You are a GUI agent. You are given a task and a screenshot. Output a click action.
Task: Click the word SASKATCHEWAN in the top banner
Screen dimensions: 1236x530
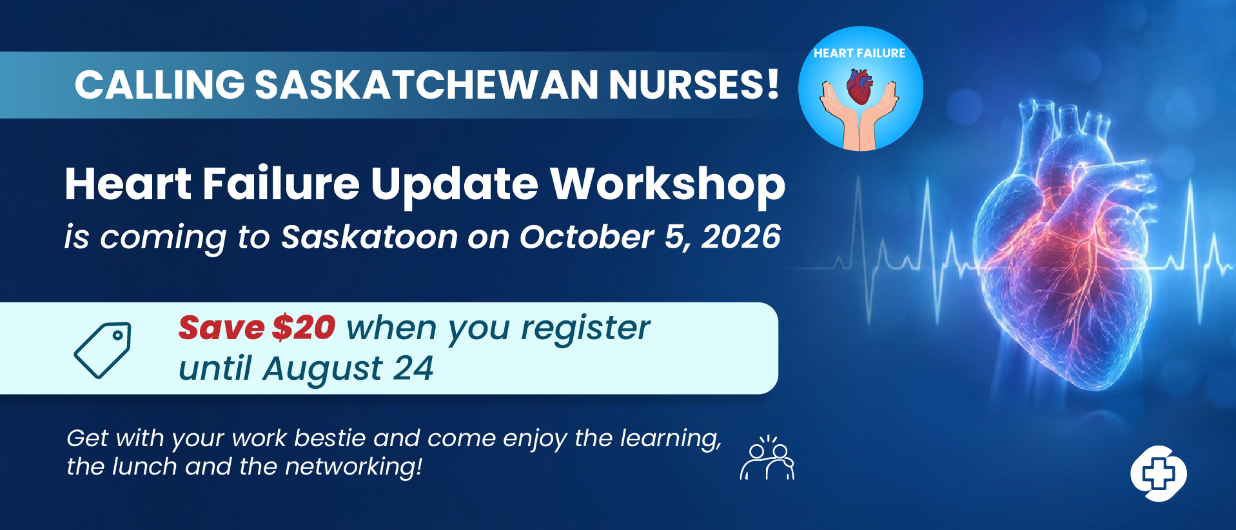(x=427, y=84)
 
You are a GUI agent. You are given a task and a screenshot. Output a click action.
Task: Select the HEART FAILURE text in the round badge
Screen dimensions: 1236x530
(x=859, y=54)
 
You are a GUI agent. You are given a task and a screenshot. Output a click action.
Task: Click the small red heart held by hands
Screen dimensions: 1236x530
(x=859, y=87)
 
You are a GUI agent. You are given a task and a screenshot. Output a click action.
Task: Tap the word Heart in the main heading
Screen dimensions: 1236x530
(x=128, y=184)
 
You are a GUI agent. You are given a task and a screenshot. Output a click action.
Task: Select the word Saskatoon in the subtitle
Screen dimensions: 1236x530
(x=369, y=237)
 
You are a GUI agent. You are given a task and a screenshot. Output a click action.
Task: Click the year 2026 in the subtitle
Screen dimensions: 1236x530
(x=741, y=237)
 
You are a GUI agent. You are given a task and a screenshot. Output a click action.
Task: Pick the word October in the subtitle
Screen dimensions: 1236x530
(x=587, y=237)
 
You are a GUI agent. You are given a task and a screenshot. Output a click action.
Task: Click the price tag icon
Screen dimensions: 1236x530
(x=103, y=350)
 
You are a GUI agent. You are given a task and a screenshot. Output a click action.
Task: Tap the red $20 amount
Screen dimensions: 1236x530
(x=304, y=328)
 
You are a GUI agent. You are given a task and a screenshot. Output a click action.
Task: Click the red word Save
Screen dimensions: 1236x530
(x=221, y=328)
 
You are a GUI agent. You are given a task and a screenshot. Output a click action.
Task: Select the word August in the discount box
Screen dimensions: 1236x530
(x=322, y=369)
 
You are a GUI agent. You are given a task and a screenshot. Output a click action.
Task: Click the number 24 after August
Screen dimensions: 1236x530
(x=413, y=369)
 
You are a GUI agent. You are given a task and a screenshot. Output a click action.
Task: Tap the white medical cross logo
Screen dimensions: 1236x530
(x=1159, y=473)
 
